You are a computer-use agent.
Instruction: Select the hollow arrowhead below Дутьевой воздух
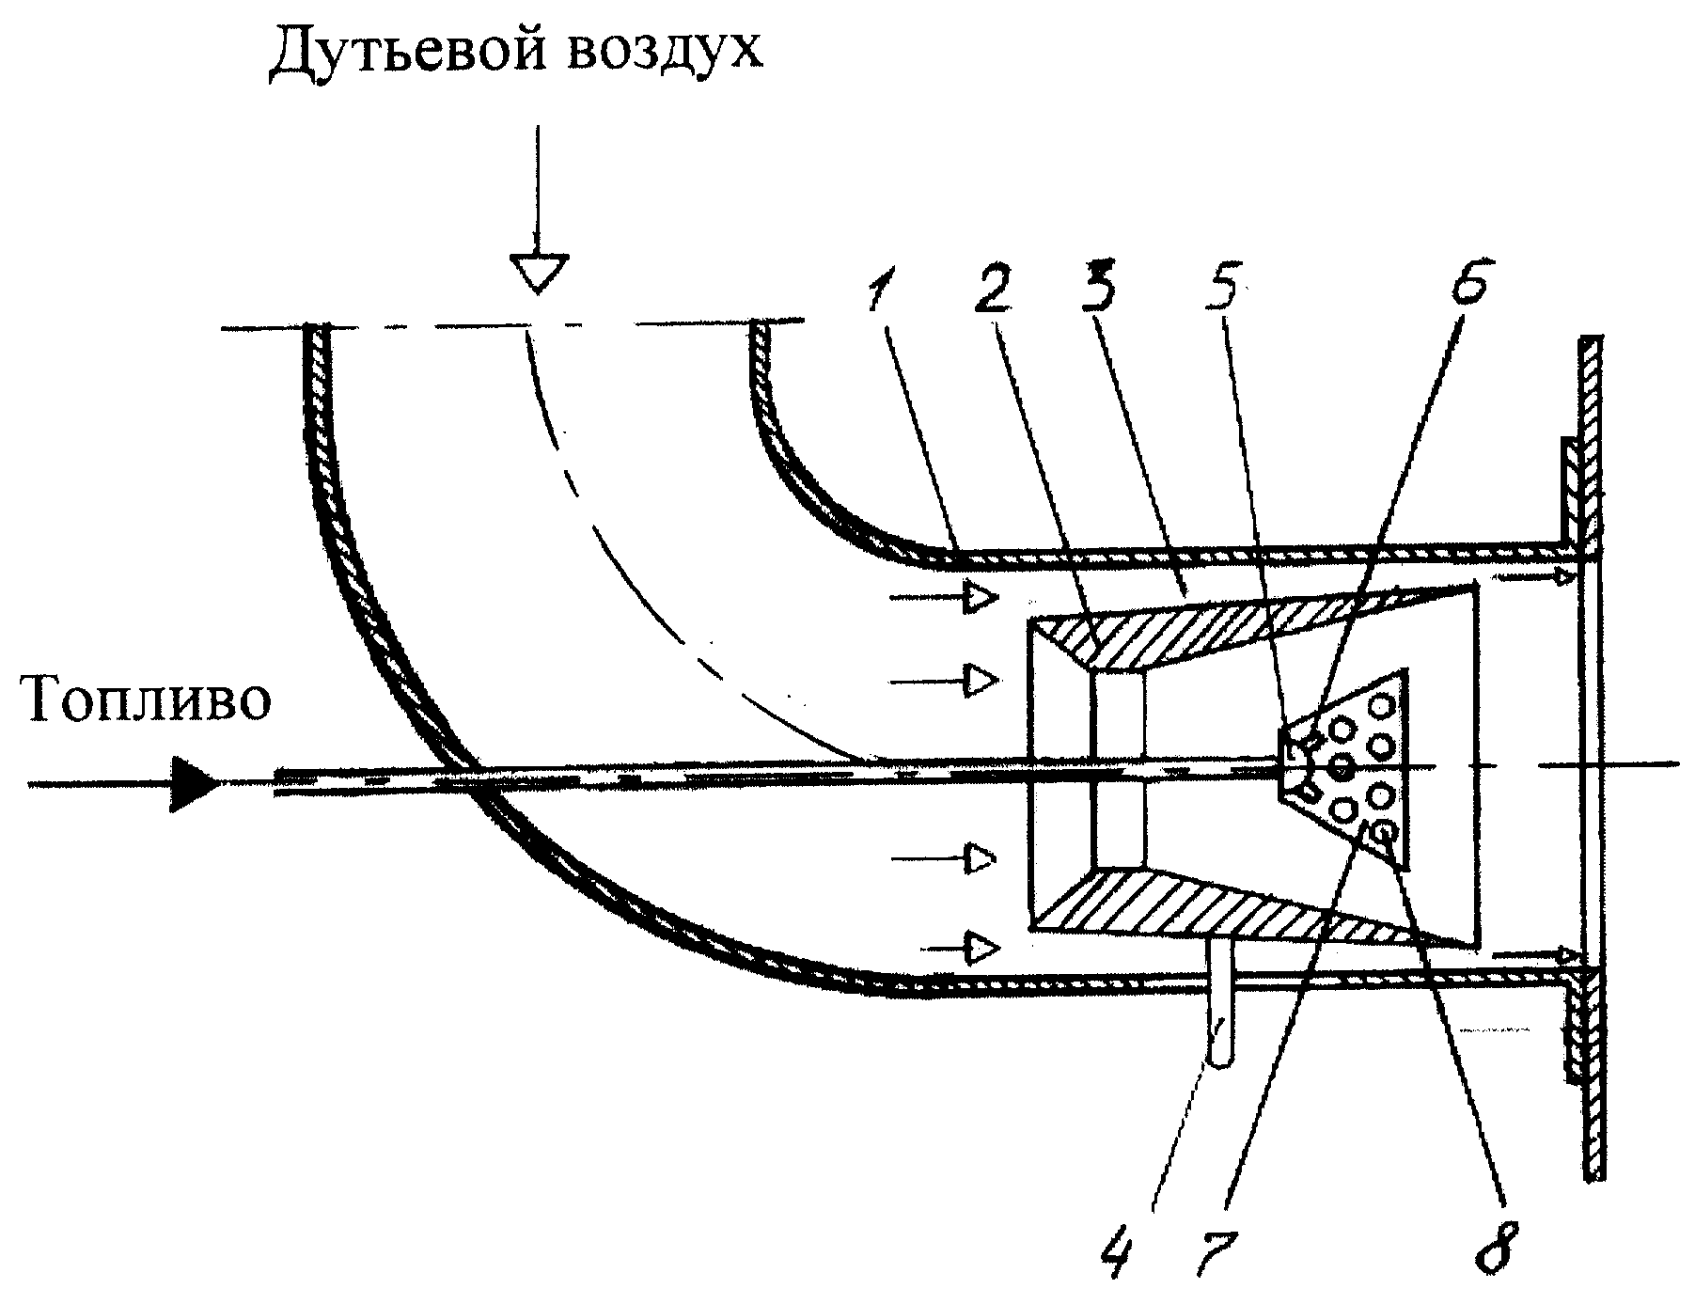(537, 271)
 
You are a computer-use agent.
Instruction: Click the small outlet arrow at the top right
(1532, 575)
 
